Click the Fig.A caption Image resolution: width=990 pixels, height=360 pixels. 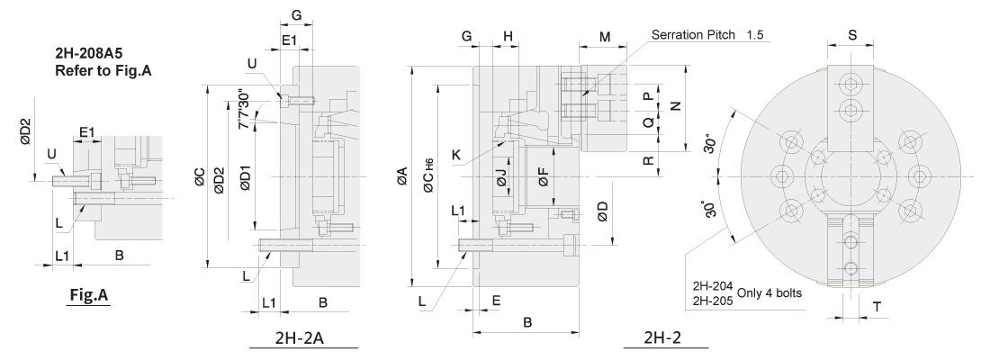[89, 294]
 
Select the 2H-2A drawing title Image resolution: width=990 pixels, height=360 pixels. [300, 338]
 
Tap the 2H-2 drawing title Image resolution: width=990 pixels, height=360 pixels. [663, 337]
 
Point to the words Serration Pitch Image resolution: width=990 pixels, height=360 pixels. [693, 35]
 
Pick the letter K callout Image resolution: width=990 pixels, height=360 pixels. [456, 154]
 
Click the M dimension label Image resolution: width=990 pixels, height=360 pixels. [605, 37]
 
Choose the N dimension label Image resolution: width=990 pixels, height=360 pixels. [676, 107]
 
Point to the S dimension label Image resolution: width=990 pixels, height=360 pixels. [852, 35]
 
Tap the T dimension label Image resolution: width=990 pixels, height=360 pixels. [877, 307]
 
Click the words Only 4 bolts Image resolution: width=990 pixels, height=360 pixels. [769, 292]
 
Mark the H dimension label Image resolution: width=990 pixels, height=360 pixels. [508, 37]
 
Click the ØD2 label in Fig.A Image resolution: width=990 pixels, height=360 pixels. [25, 132]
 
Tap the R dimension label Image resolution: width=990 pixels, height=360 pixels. [648, 161]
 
